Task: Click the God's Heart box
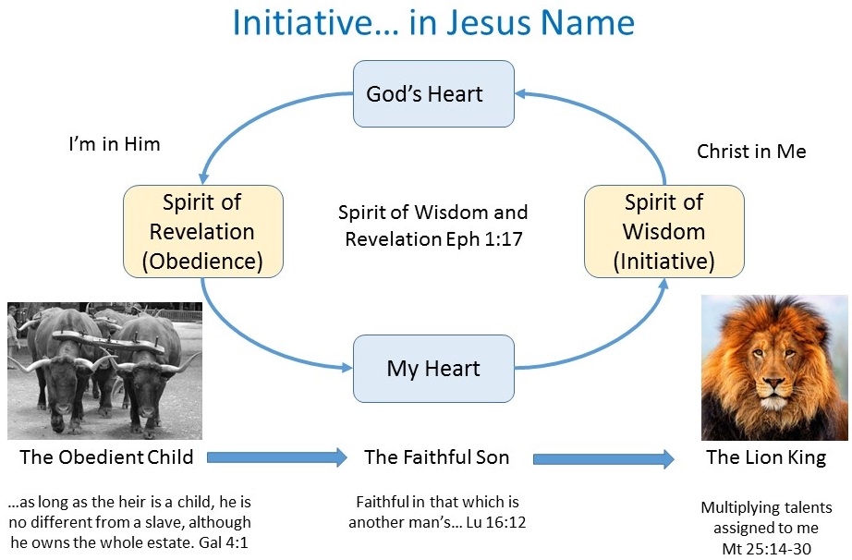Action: (x=433, y=93)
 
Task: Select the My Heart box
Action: (x=433, y=369)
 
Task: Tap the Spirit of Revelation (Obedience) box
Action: (x=202, y=231)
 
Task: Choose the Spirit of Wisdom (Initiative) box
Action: (x=664, y=231)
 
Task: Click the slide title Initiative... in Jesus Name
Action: (x=433, y=22)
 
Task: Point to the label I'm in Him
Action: (x=115, y=144)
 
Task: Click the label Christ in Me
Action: (x=751, y=151)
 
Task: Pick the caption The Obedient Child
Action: (x=106, y=457)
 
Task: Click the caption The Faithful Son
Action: (x=437, y=457)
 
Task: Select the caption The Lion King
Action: (x=766, y=457)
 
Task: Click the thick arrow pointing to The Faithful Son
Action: (x=277, y=457)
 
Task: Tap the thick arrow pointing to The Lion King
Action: (x=603, y=459)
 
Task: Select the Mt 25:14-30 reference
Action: (x=766, y=549)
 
